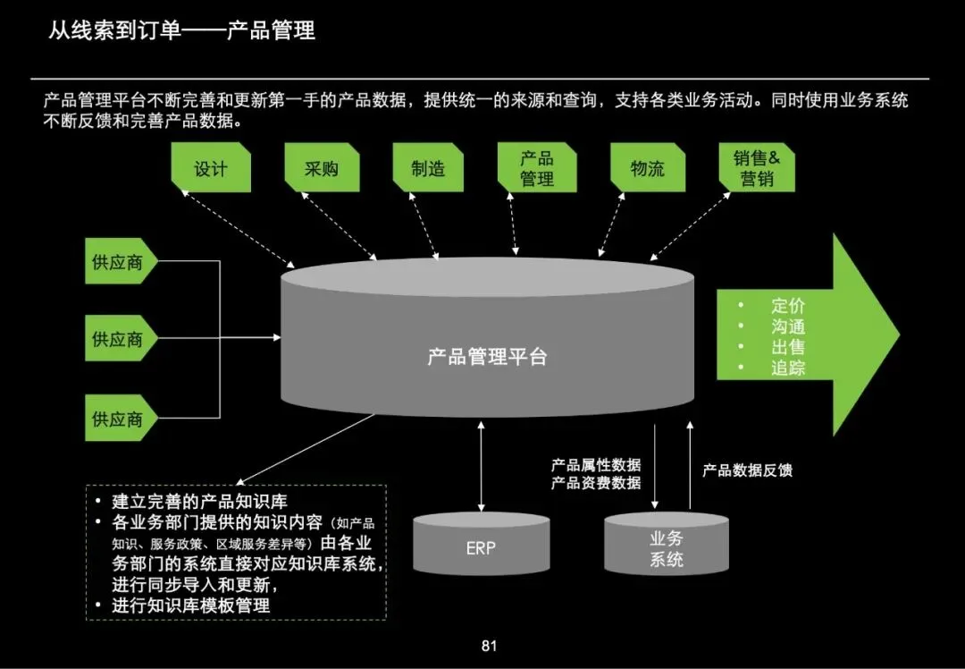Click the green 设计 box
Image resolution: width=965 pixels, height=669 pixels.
click(211, 168)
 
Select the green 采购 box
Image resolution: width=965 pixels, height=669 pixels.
click(321, 168)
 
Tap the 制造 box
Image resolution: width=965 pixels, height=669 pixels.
click(428, 168)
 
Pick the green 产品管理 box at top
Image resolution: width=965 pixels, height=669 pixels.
click(537, 168)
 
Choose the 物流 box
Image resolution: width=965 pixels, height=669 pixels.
click(648, 168)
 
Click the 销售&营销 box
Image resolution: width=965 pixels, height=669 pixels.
click(757, 168)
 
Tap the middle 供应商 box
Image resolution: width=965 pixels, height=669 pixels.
click(118, 340)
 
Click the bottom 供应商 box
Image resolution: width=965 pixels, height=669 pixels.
click(118, 418)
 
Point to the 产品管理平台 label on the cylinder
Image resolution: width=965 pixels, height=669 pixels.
click(487, 358)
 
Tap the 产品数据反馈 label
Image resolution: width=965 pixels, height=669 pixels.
click(747, 470)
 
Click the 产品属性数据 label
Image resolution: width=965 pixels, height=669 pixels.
click(596, 465)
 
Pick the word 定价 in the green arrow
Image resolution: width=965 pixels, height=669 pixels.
click(788, 306)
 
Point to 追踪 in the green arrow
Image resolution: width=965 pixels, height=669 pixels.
click(788, 368)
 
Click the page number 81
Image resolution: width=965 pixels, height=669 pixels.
click(488, 646)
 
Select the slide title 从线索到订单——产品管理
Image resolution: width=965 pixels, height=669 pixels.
click(181, 31)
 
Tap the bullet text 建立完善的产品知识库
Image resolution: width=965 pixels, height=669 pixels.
click(199, 501)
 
